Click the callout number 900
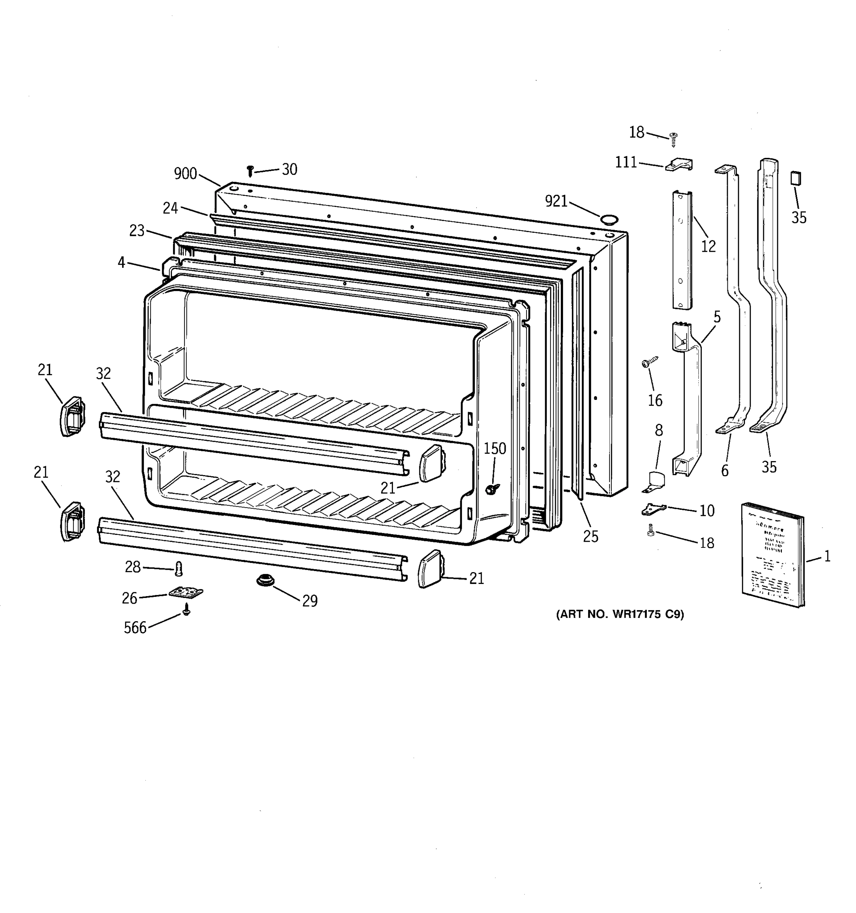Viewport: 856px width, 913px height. [185, 173]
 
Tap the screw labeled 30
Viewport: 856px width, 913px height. [250, 171]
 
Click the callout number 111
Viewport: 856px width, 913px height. [626, 162]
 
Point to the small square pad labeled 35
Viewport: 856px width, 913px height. [796, 178]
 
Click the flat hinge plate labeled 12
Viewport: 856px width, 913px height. [683, 250]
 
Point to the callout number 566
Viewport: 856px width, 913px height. [135, 628]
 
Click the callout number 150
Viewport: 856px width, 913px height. [495, 448]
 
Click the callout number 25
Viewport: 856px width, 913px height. [590, 536]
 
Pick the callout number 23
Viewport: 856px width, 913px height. [137, 230]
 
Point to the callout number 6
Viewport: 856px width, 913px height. [725, 470]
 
